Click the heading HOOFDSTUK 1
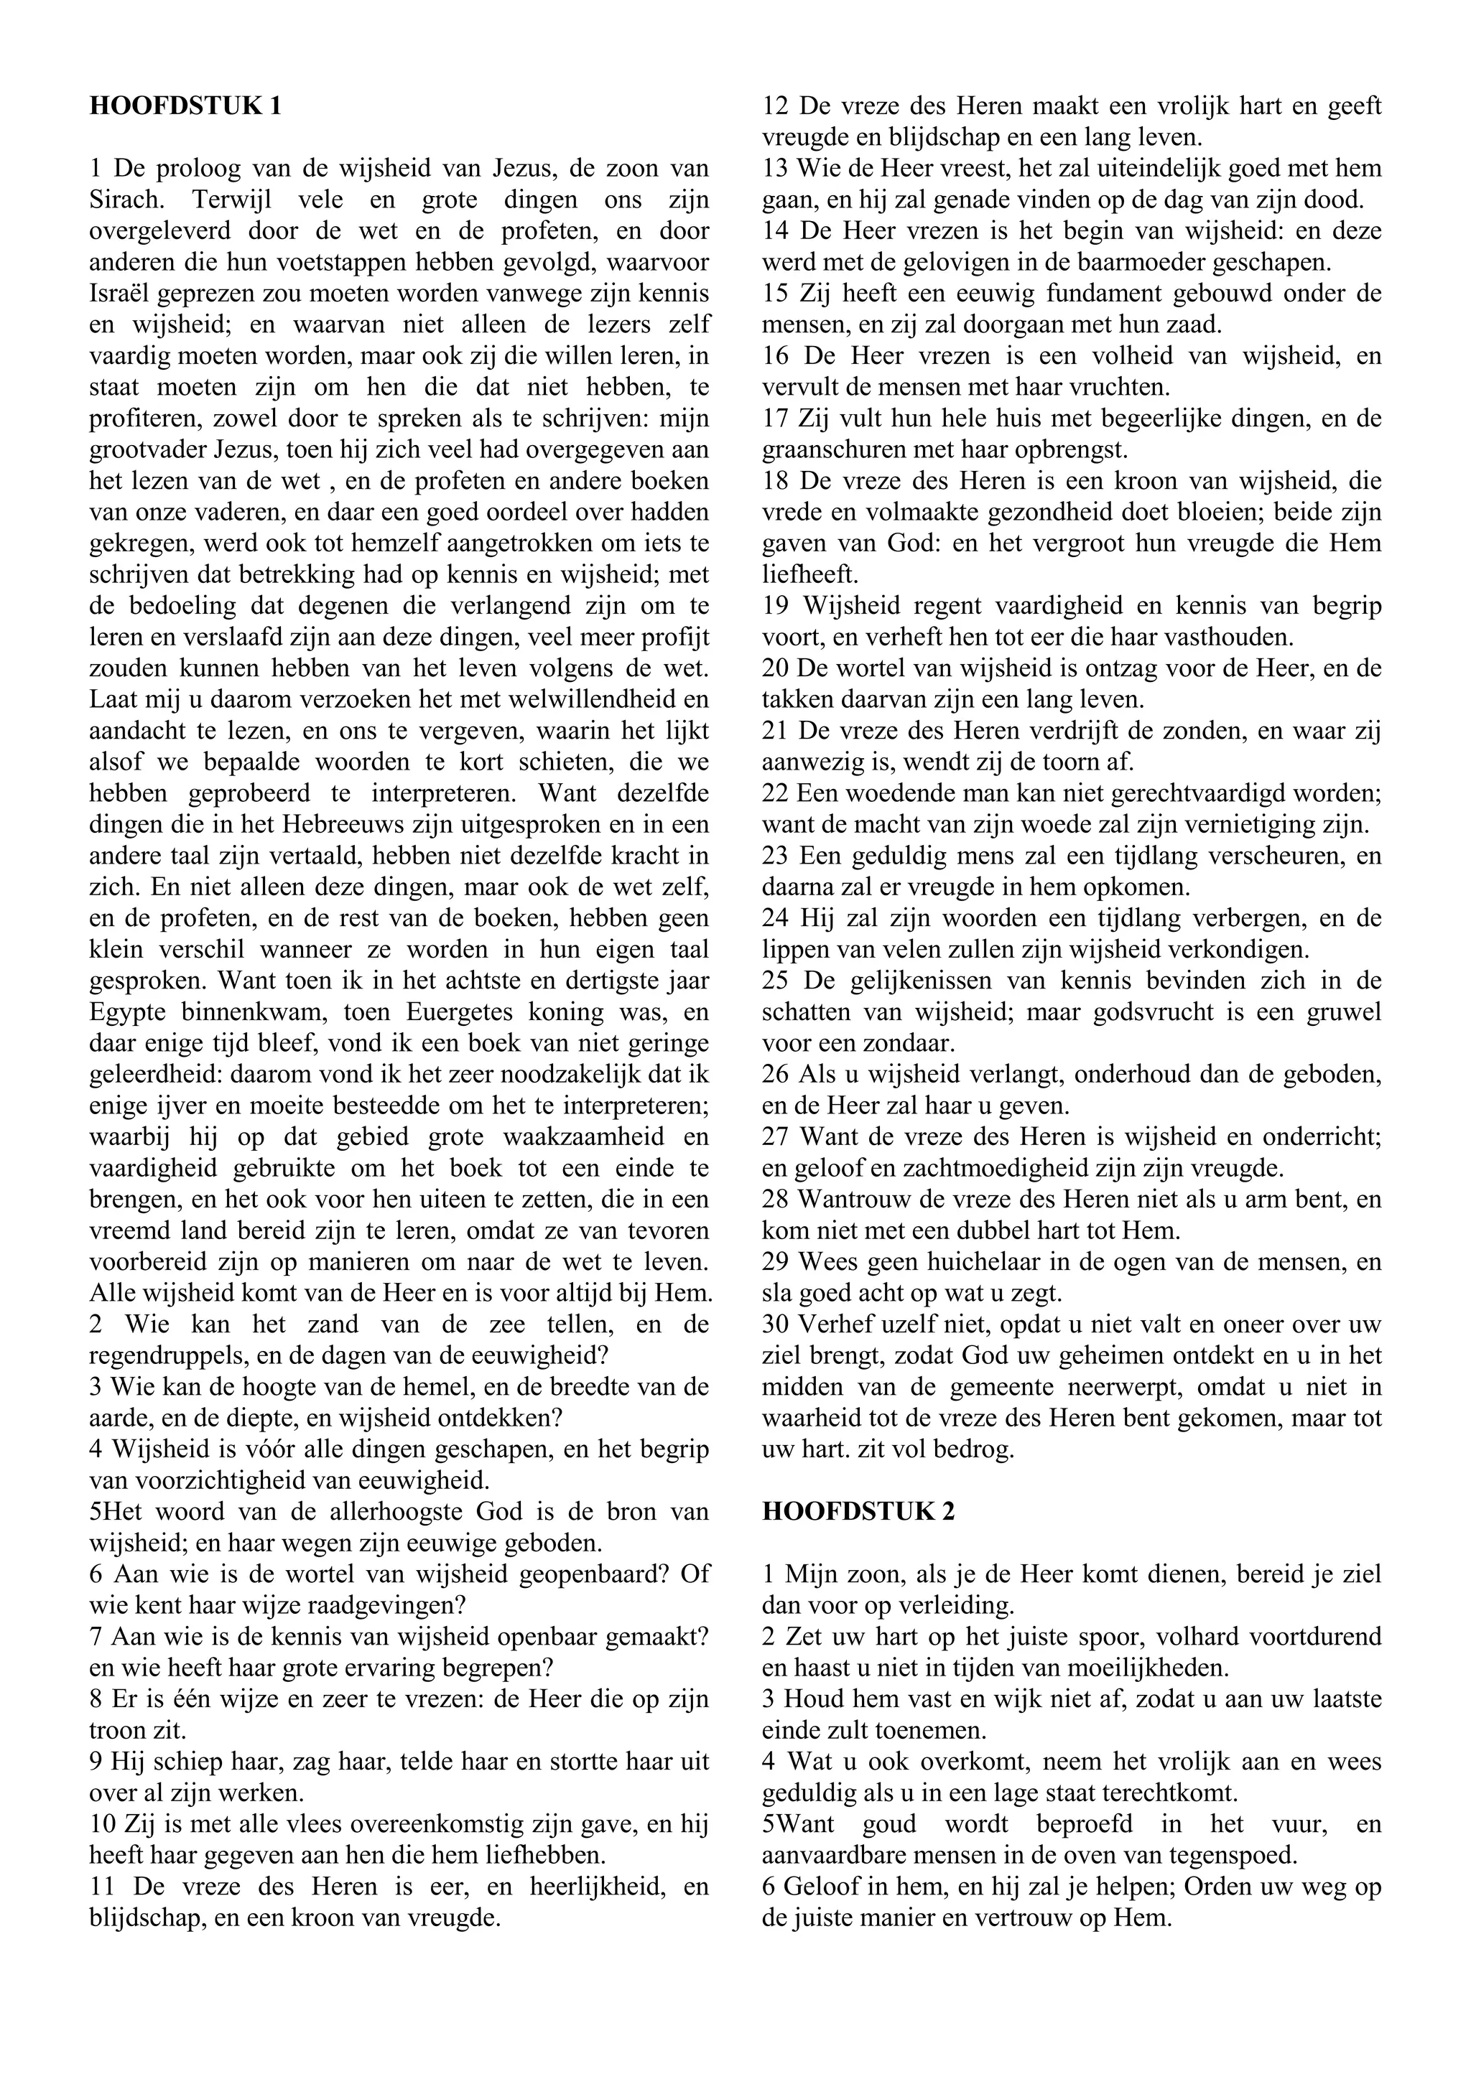(186, 106)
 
